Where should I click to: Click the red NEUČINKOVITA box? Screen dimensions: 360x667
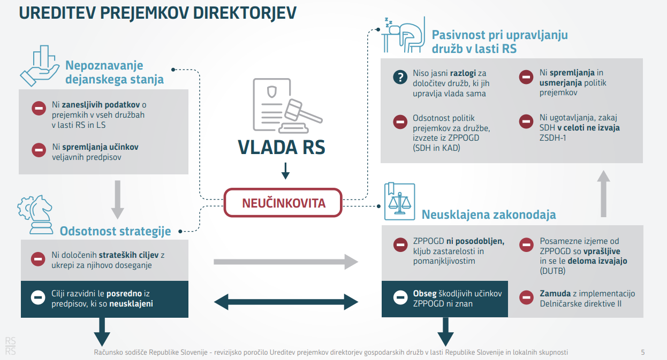283,203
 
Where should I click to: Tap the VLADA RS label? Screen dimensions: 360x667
282,147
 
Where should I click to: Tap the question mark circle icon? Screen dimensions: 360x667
400,77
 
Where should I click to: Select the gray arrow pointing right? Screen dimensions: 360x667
286,262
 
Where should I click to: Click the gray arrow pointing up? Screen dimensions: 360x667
603,193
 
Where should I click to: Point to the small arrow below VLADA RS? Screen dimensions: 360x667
285,171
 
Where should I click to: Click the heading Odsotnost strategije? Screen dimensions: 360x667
115,231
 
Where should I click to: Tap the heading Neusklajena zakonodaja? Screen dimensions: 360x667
489,215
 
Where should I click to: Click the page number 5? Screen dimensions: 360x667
642,352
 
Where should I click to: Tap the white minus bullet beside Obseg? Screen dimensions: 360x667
400,298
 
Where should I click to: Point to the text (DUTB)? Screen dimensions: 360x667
552,271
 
